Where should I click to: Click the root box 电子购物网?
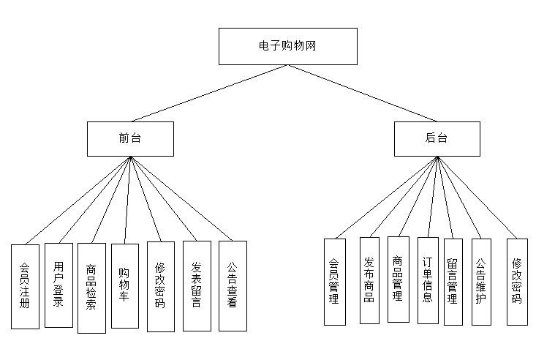pyautogui.click(x=288, y=46)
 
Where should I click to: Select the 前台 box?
pyautogui.click(x=130, y=138)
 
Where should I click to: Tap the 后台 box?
pyautogui.click(x=437, y=138)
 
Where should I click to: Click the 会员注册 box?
pyautogui.click(x=25, y=286)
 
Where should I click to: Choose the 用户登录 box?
pyautogui.click(x=58, y=285)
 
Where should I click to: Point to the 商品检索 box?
pyautogui.click(x=91, y=288)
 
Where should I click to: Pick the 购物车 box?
pyautogui.click(x=124, y=285)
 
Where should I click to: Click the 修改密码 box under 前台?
pyautogui.click(x=161, y=286)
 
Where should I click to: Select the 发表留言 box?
pyautogui.click(x=197, y=285)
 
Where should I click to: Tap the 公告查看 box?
pyautogui.click(x=233, y=285)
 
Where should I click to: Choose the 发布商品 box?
pyautogui.click(x=369, y=280)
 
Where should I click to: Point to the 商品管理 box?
pyautogui.click(x=398, y=279)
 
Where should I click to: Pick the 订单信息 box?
pyautogui.click(x=428, y=280)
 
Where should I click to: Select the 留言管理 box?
pyautogui.click(x=453, y=282)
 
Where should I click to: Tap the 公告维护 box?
pyautogui.click(x=480, y=281)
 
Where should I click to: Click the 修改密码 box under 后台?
pyautogui.click(x=516, y=282)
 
